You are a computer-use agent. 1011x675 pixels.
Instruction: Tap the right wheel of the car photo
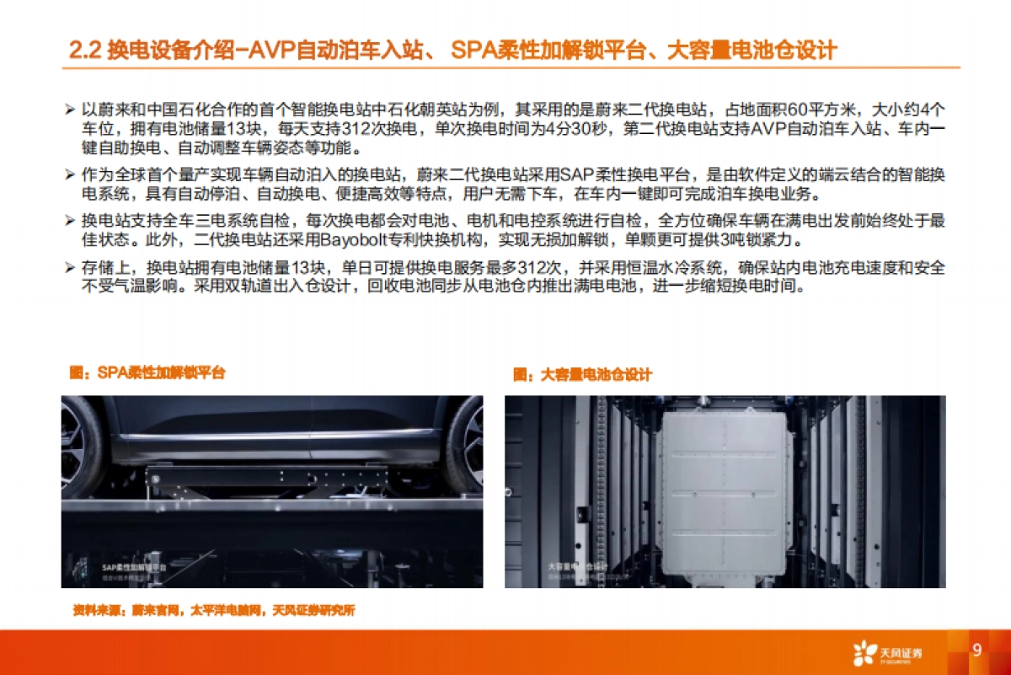(x=466, y=438)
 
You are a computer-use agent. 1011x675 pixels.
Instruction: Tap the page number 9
(x=976, y=650)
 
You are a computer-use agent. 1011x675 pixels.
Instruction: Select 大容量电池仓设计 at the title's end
(x=752, y=51)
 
